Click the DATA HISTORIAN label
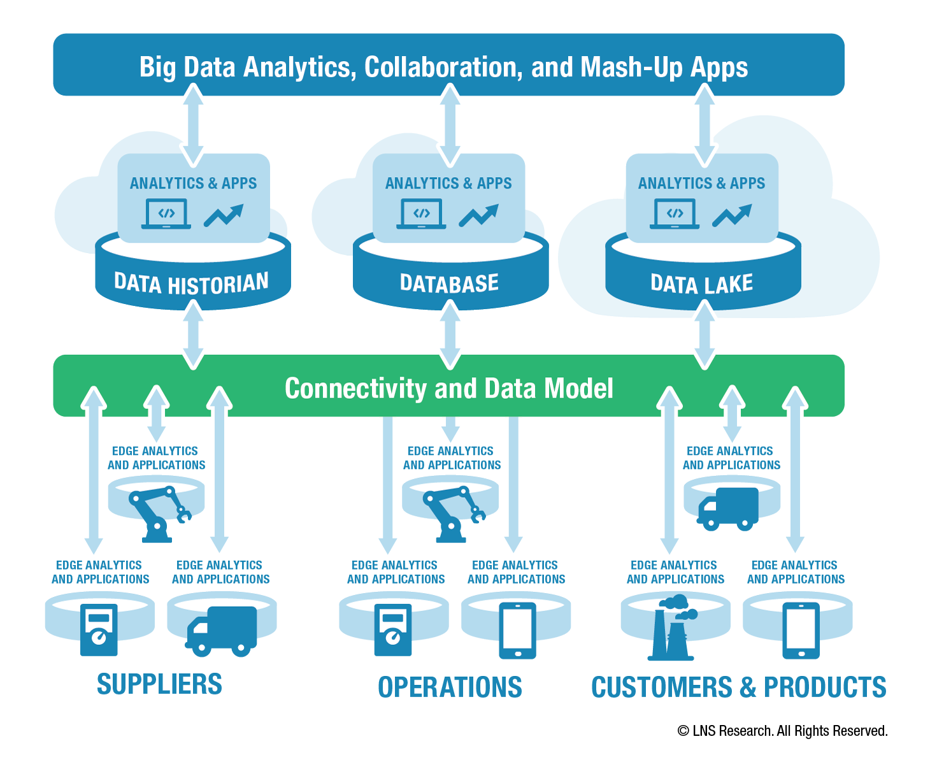click(x=191, y=283)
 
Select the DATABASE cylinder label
click(x=449, y=283)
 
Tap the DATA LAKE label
click(x=701, y=284)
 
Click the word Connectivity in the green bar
click(x=355, y=389)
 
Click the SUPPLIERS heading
click(x=159, y=684)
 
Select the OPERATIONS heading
click(x=450, y=687)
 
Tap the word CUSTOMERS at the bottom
click(x=661, y=687)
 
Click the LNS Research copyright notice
click(x=782, y=731)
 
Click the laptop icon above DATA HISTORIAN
click(x=166, y=214)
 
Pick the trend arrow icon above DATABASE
click(x=478, y=215)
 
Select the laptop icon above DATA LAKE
click(x=674, y=214)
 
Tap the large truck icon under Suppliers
click(x=221, y=631)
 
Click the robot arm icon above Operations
click(x=454, y=514)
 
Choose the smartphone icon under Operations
click(x=517, y=631)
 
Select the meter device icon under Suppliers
click(x=99, y=629)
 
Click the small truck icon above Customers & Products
click(x=727, y=509)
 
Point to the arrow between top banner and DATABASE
click(x=450, y=126)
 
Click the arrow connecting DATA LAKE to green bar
click(x=705, y=334)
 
